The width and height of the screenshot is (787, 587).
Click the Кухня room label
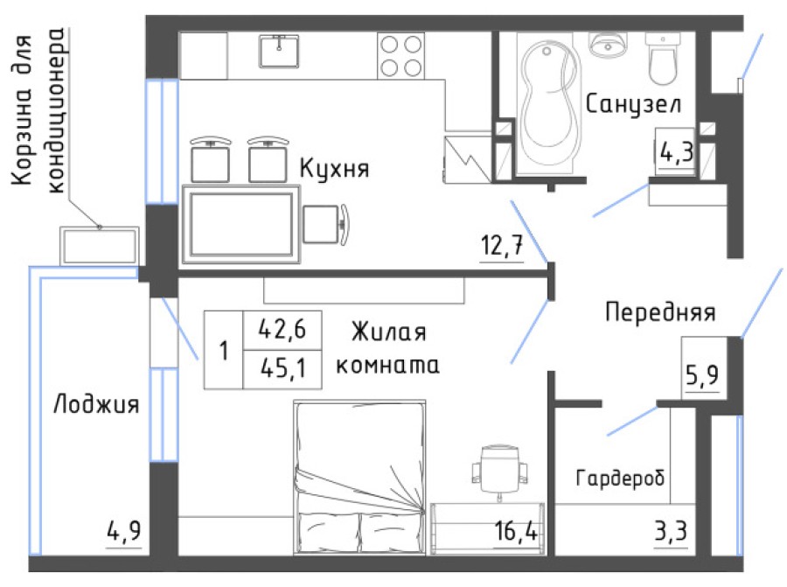point(334,168)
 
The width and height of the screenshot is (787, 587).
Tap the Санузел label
point(634,106)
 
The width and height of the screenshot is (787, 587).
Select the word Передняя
point(660,311)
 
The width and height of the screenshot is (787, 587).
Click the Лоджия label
point(96,405)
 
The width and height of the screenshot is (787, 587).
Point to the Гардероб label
point(620,479)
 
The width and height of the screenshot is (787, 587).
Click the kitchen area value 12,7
point(501,247)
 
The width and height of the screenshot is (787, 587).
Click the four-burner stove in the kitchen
point(400,54)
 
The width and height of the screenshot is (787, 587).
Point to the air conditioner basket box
point(99,245)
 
